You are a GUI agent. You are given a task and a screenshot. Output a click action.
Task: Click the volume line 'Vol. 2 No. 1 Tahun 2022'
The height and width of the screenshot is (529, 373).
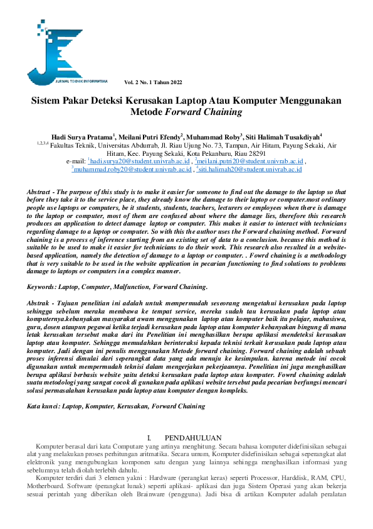[154, 82]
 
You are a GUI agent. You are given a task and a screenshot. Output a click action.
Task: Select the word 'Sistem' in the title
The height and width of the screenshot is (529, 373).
[49, 101]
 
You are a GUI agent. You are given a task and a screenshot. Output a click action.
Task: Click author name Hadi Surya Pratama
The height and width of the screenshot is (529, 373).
[81, 136]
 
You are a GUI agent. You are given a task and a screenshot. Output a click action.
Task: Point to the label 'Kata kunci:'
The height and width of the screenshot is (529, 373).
[43, 406]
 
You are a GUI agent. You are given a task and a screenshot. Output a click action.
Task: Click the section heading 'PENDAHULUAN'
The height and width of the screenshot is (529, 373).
[193, 438]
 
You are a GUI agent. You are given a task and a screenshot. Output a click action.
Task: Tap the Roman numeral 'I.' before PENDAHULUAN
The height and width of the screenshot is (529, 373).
[149, 438]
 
